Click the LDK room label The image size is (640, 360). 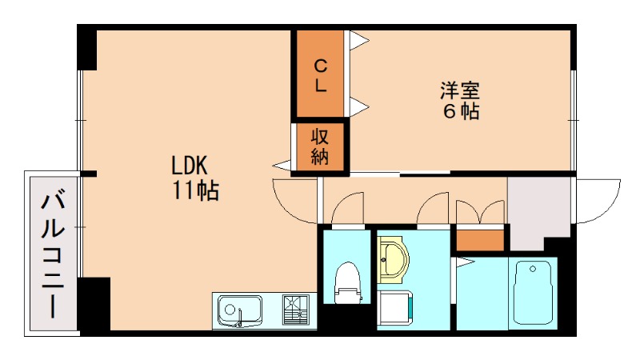coord(190,166)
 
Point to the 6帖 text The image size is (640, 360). coord(461,111)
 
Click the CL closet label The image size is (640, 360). coord(320,74)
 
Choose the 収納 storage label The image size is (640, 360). coord(320,146)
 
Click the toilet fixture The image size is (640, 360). coord(347,284)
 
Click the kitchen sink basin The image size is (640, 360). coord(239,310)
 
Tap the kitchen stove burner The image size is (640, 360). coord(297,310)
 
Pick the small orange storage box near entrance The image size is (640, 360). coord(481,238)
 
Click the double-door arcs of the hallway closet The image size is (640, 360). coord(480,212)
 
